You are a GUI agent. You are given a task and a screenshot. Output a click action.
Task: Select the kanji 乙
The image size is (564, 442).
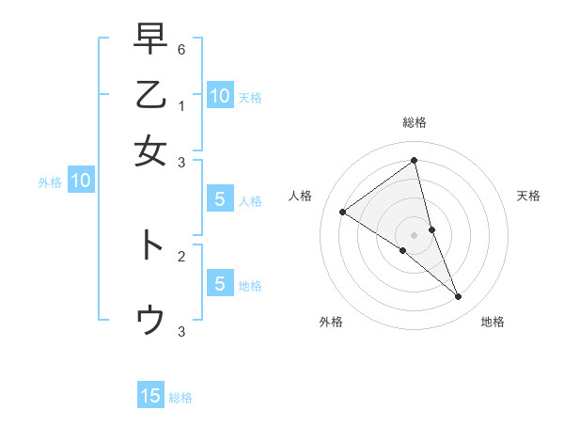150,96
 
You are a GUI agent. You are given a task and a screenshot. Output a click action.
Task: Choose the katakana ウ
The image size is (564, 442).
150,320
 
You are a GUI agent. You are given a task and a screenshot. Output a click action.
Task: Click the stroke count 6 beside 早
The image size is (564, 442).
181,48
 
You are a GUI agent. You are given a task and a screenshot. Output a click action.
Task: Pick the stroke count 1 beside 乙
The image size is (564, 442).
181,106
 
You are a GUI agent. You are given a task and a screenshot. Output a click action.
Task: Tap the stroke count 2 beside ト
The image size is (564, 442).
181,255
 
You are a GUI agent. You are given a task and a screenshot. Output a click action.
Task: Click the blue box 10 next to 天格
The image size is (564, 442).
219,96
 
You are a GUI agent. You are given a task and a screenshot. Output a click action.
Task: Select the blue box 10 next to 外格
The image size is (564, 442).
81,182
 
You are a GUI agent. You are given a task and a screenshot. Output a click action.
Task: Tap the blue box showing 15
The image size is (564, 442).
150,396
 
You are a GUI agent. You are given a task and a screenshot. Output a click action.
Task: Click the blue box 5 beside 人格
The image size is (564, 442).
219,199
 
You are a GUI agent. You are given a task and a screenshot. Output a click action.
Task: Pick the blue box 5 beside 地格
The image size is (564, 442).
219,284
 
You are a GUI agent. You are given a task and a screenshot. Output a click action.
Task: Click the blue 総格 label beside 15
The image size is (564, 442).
180,398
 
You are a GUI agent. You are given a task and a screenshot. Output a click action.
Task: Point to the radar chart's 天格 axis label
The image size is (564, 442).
528,196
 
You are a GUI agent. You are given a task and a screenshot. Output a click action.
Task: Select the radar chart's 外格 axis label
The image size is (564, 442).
331,322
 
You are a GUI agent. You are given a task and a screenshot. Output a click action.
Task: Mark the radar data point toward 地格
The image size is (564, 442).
459,297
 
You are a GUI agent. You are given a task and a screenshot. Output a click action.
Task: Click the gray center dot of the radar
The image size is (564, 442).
415,234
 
